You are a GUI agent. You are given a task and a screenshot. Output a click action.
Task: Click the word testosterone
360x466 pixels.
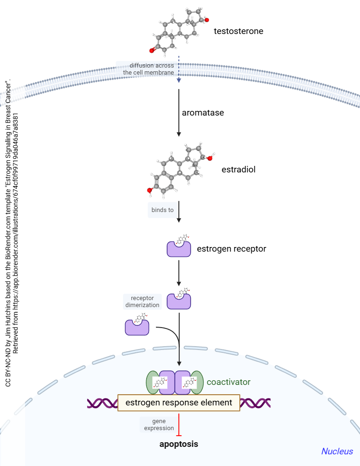238,32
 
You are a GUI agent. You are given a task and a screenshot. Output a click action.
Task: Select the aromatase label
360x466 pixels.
203,113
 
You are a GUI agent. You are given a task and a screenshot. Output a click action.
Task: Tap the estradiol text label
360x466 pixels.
238,170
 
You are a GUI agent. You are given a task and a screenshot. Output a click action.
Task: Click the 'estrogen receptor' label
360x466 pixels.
231,249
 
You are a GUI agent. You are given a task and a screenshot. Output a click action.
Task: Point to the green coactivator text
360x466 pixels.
229,382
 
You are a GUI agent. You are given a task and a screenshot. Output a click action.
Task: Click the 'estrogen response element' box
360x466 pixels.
179,403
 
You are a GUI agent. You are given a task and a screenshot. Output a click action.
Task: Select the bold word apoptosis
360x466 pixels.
179,444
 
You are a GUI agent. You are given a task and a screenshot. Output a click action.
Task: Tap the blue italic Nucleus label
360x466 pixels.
337,451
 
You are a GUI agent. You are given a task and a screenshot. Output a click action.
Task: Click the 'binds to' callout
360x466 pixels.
163,210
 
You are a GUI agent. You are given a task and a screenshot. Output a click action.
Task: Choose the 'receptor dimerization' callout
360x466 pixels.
142,302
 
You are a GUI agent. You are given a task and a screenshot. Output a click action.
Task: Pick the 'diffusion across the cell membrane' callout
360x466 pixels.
148,69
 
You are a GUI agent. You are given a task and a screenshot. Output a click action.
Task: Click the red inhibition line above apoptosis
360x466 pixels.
179,425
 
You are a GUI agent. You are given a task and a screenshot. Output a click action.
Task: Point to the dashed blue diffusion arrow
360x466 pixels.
179,70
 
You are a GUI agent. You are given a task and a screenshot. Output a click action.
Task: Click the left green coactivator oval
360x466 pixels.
153,382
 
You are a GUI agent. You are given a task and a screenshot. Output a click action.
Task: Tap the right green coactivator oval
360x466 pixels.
197,382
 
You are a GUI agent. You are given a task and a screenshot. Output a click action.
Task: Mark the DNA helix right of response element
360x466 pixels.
255,403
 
